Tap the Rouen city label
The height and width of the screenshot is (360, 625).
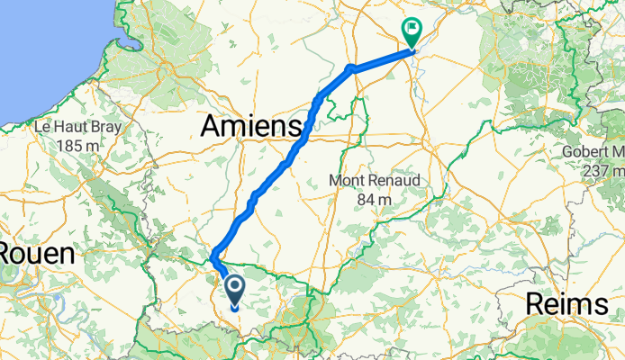point(36,254)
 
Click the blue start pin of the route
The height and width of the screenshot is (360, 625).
point(235,290)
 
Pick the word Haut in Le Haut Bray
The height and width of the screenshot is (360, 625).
point(73,128)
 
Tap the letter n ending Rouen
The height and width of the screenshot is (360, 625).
point(67,254)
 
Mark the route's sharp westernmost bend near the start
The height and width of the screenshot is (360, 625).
point(213,259)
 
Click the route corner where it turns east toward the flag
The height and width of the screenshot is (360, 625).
point(350,68)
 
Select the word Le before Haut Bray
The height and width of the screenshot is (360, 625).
point(42,128)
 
